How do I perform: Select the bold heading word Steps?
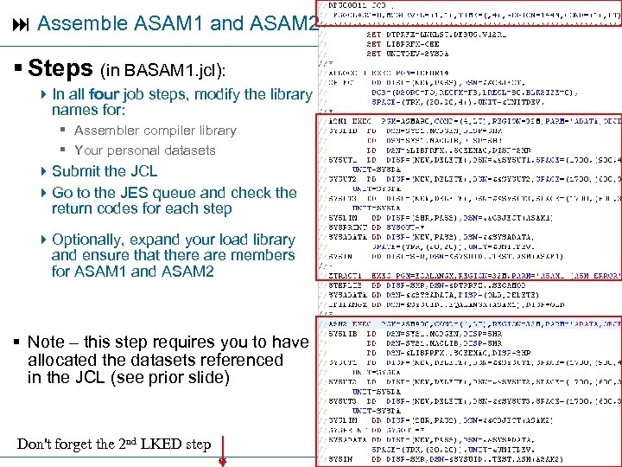coord(61,67)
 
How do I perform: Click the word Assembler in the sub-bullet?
coord(106,131)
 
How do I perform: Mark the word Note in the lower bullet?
coord(47,342)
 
